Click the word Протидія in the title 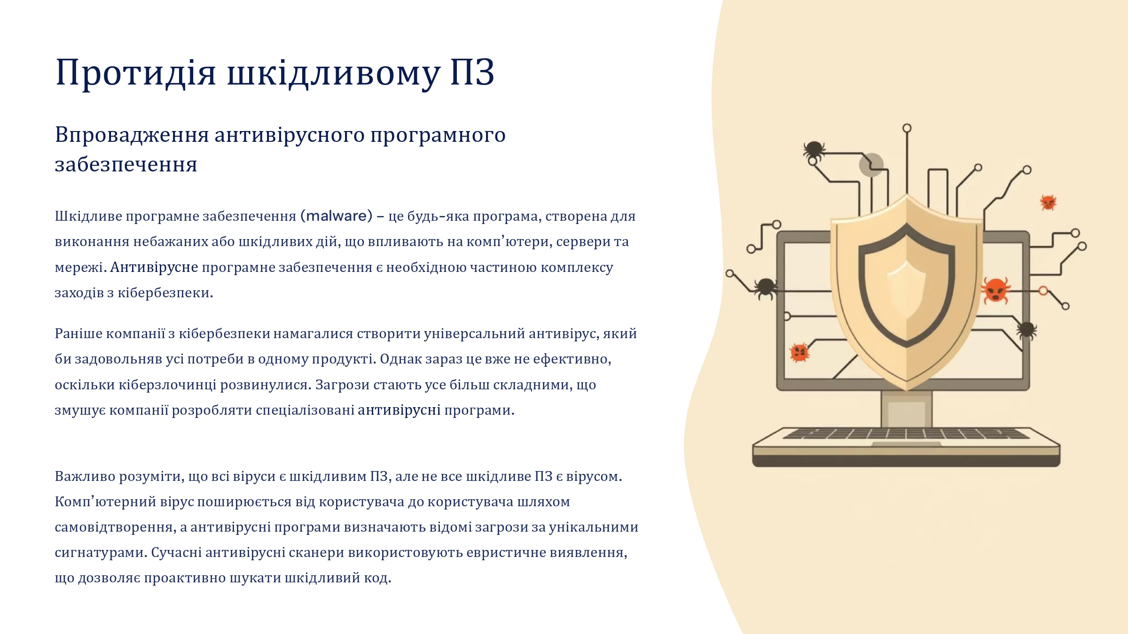[136, 72]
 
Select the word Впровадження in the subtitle [132, 135]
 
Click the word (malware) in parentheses [336, 216]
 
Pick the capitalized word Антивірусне [154, 267]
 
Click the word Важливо [85, 476]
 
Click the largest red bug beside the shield [995, 289]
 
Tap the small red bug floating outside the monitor [1048, 202]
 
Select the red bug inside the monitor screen [799, 353]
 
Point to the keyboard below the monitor [906, 447]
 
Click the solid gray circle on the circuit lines [871, 165]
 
